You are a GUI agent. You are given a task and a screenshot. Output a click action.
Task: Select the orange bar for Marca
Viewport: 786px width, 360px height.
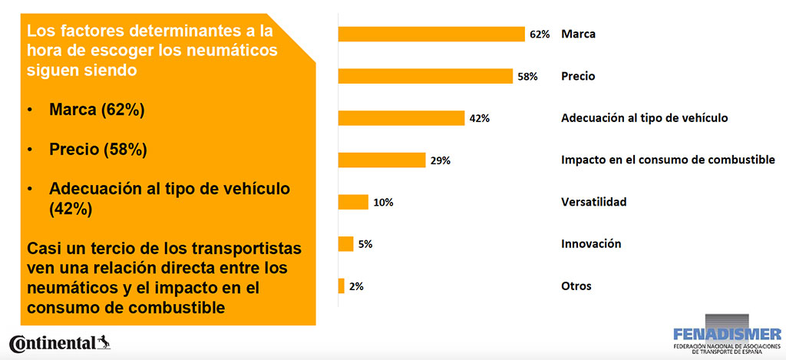click(431, 34)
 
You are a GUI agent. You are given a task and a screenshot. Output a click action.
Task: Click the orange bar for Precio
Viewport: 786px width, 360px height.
click(425, 76)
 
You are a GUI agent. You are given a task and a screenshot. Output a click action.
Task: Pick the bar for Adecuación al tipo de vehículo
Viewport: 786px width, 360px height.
click(401, 118)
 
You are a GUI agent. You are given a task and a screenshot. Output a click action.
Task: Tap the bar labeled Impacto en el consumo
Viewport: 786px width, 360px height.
click(381, 160)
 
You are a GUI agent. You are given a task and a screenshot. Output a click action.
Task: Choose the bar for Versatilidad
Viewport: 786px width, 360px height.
click(353, 202)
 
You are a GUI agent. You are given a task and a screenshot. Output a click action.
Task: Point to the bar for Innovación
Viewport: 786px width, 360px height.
click(345, 244)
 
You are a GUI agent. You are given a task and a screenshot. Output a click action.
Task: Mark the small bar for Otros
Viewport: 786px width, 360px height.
click(341, 286)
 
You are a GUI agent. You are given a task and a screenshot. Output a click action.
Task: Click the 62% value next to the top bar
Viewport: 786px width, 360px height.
click(539, 35)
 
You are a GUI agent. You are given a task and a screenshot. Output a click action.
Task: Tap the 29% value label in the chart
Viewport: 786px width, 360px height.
click(440, 160)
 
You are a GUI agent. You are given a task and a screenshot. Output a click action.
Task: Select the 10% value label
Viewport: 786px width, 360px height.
click(383, 203)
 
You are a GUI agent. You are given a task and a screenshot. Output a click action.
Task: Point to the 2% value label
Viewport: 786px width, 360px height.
click(355, 286)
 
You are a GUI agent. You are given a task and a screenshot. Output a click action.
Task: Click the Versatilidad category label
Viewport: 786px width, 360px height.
click(593, 202)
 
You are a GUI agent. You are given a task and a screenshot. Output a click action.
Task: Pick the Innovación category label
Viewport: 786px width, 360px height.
click(591, 244)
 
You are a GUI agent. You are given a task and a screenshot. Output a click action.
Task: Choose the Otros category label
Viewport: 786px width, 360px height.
click(576, 286)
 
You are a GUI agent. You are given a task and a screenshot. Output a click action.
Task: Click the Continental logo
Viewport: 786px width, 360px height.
click(59, 343)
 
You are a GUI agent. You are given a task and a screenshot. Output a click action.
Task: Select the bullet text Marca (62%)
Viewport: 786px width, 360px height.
click(96, 111)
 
